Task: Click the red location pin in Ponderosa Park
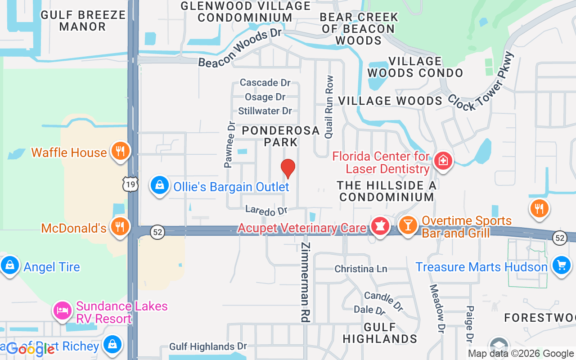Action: click(288, 169)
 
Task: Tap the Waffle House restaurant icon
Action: click(120, 151)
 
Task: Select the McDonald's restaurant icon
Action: click(120, 226)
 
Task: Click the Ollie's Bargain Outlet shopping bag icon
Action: click(160, 185)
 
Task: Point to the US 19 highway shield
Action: click(130, 184)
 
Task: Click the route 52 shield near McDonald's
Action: click(157, 232)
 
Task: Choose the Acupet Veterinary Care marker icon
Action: click(380, 226)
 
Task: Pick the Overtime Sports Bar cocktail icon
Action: click(408, 225)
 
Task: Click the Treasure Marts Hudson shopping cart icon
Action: click(561, 265)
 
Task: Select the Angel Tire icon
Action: click(9, 265)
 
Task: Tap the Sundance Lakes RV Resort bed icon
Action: click(63, 310)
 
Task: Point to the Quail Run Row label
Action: click(329, 107)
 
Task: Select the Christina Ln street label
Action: click(360, 269)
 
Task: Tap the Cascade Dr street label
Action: click(265, 82)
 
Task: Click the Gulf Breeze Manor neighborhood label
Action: click(83, 21)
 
